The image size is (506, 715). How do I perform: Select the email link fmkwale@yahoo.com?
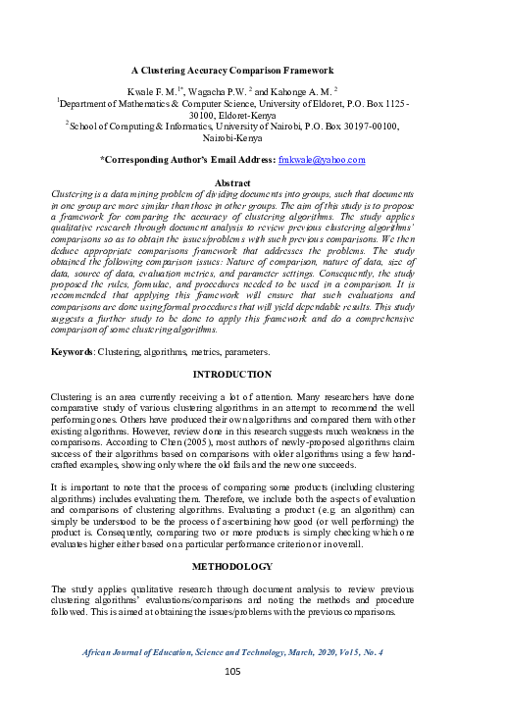click(x=322, y=160)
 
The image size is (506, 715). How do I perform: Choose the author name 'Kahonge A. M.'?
click(x=300, y=89)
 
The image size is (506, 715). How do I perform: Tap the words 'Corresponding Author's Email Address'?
click(x=189, y=160)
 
